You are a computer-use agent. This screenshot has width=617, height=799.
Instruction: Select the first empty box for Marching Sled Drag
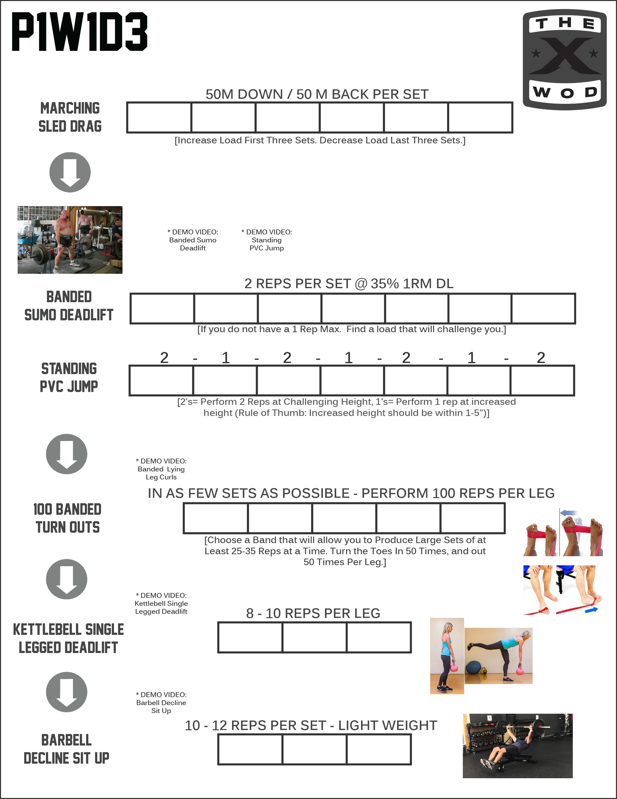click(x=159, y=117)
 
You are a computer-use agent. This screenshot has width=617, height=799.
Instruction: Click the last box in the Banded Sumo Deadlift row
click(x=543, y=308)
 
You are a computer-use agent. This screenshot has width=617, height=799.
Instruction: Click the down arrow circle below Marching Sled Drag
click(x=70, y=172)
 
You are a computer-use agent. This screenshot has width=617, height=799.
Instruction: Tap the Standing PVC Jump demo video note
click(x=267, y=240)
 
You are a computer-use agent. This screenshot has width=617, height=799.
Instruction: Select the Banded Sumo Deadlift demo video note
click(x=193, y=240)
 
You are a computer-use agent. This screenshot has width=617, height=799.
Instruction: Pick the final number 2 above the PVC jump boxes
click(x=540, y=358)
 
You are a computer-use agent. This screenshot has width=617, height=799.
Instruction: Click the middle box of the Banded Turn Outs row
click(x=344, y=518)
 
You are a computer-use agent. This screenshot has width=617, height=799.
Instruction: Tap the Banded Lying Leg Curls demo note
click(x=161, y=469)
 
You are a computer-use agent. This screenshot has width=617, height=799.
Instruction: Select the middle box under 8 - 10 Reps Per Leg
click(x=314, y=637)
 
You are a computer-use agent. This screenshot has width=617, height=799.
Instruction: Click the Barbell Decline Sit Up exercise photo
click(x=517, y=746)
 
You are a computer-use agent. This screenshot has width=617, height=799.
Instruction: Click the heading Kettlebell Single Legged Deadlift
click(x=68, y=638)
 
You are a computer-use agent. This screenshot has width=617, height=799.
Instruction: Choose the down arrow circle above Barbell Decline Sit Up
click(x=67, y=692)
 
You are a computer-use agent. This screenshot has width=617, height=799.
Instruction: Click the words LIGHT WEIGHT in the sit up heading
click(x=387, y=725)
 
